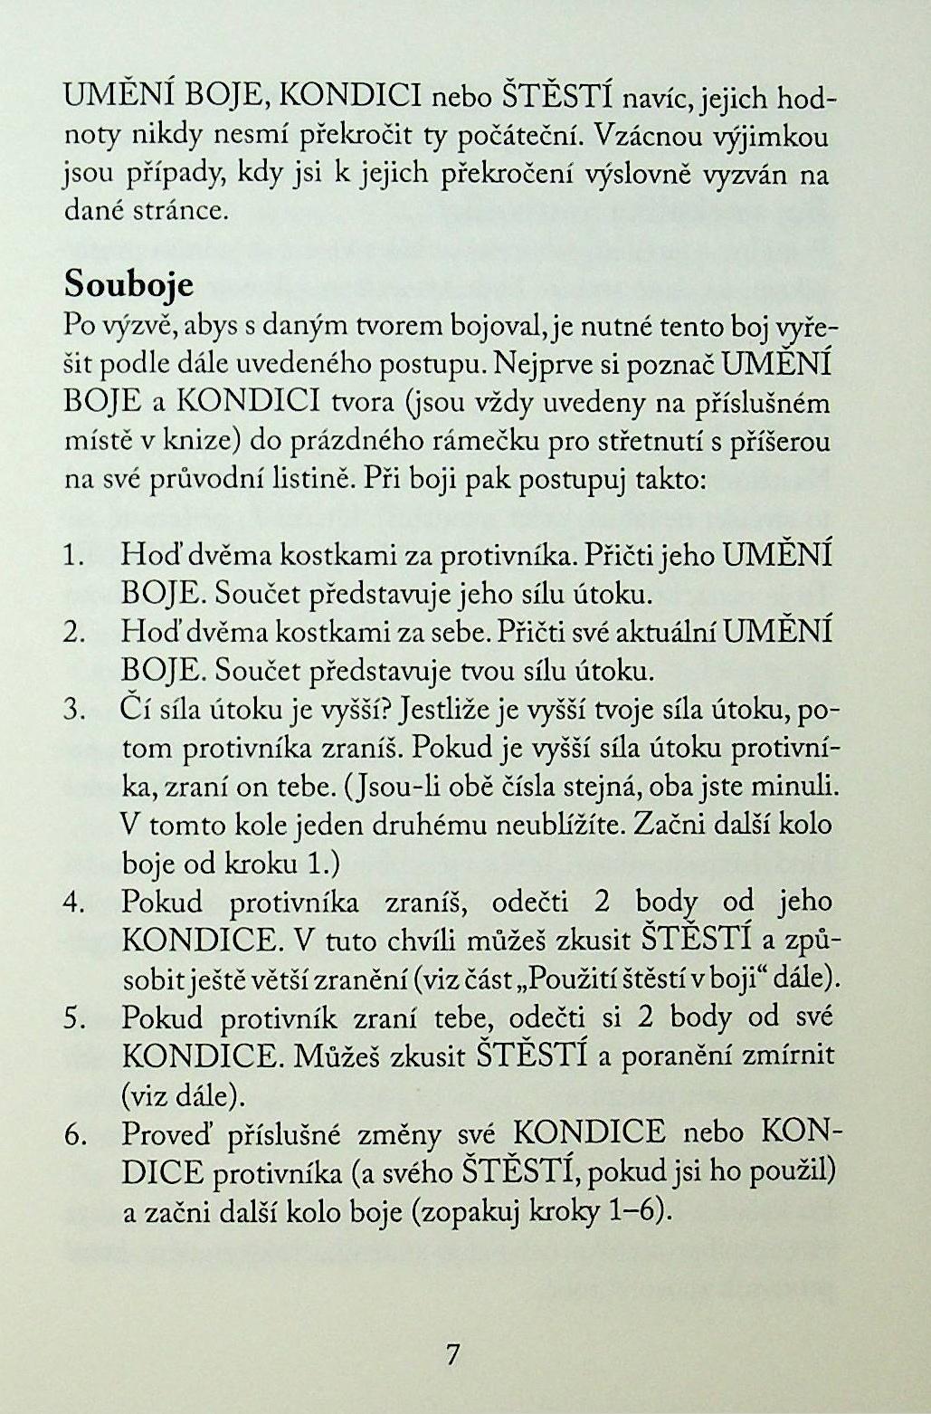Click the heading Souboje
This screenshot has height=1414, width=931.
click(x=129, y=285)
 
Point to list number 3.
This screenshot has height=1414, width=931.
click(x=75, y=711)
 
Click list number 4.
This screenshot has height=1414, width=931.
click(x=74, y=903)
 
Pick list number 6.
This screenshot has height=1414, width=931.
click(x=75, y=1134)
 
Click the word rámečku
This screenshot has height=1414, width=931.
click(x=480, y=442)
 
